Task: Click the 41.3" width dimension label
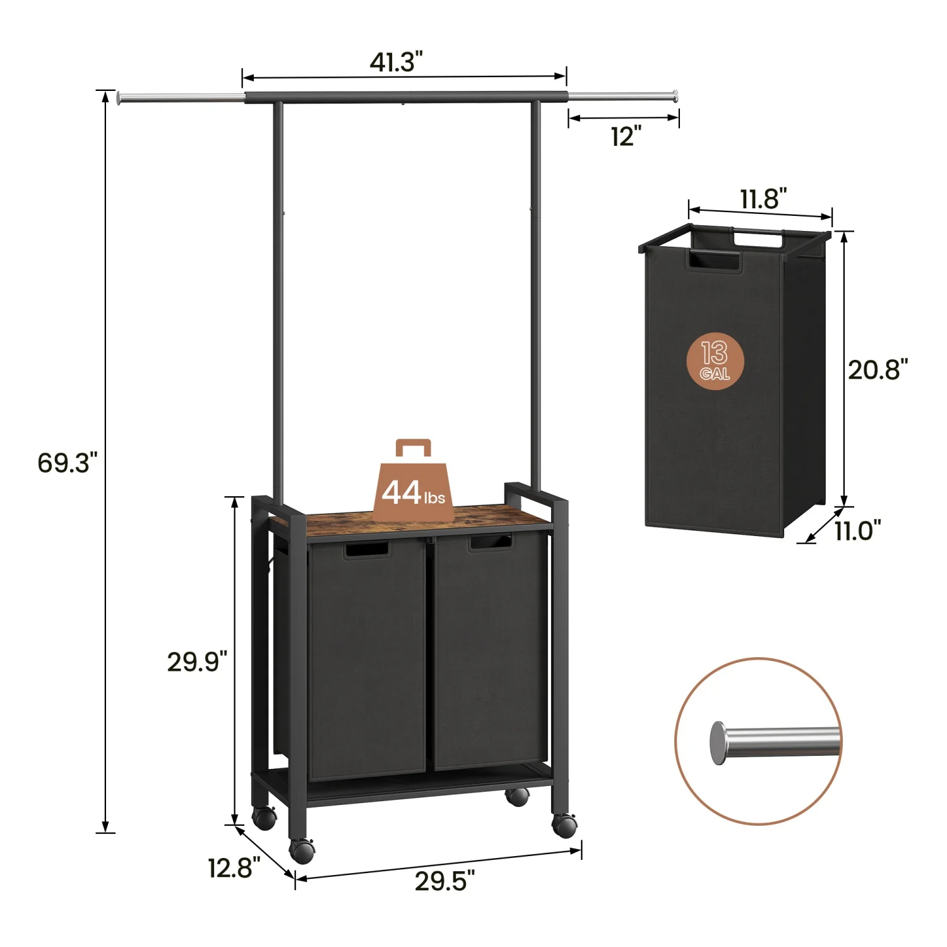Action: coord(396,62)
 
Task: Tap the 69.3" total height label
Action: coord(68,463)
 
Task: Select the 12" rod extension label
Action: coord(625,136)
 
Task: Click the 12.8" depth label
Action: coord(234,868)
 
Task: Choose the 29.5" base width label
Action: coord(444,881)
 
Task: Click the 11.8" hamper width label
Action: coord(763,199)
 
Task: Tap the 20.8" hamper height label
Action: coord(878,369)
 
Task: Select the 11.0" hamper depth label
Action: coord(857,531)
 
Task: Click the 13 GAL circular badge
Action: coord(715,361)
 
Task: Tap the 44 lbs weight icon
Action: coord(413,483)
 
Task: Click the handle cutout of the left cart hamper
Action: coord(366,549)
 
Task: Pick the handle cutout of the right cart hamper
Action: coord(490,542)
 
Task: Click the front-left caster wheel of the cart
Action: coord(302,850)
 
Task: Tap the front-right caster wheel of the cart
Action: coord(564,825)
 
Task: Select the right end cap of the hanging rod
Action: coord(676,95)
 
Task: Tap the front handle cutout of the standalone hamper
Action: coord(713,262)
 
